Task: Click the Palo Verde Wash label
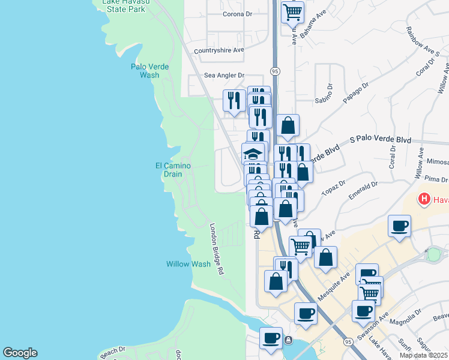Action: [149, 71]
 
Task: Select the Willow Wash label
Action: [188, 264]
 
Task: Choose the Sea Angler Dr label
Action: [224, 76]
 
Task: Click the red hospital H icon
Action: [424, 199]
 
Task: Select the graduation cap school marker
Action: [253, 153]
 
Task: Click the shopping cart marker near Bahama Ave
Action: [292, 12]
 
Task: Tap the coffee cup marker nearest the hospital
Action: [399, 226]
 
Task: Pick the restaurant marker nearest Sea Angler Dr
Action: [234, 100]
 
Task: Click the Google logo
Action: [20, 353]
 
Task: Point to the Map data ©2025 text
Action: [424, 355]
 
